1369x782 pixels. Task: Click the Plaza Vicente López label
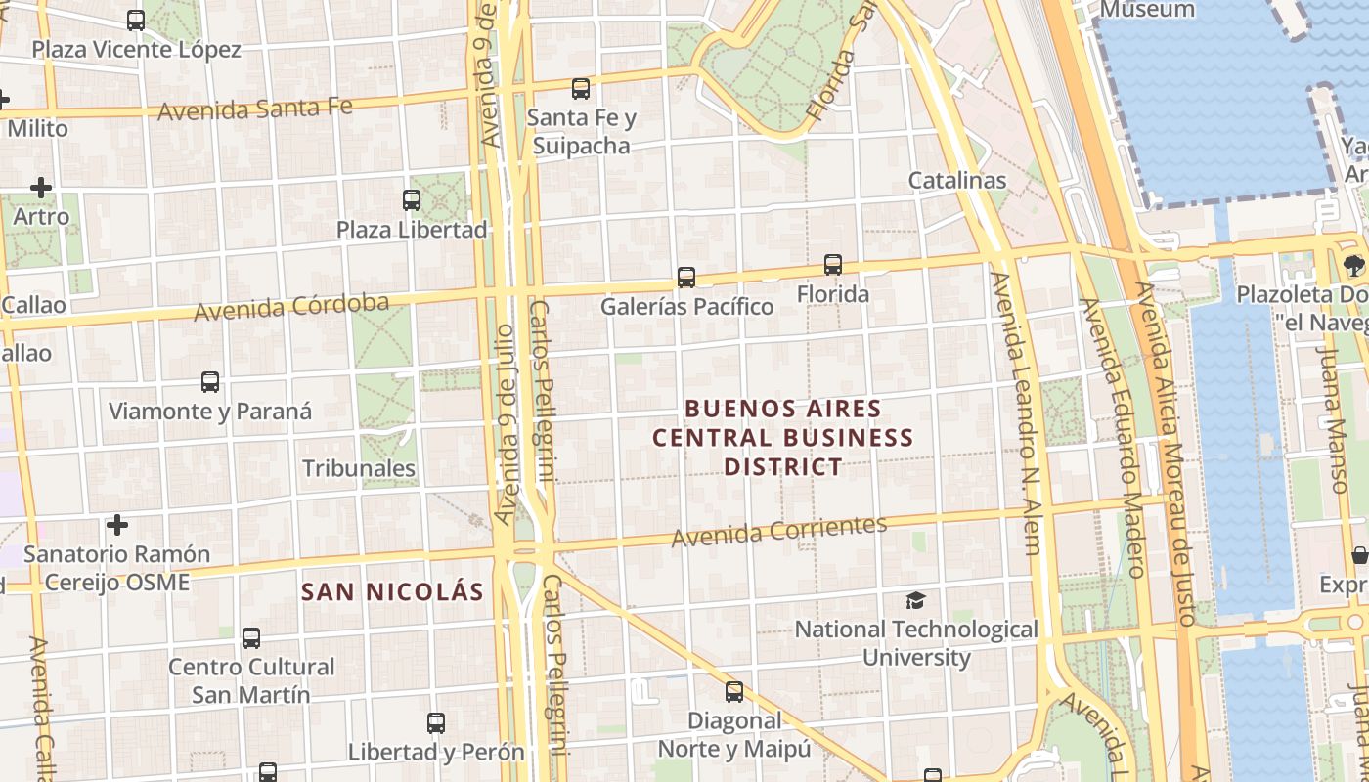coord(136,49)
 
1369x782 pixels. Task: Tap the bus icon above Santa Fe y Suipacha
coord(581,89)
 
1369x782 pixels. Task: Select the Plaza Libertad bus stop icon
coord(412,200)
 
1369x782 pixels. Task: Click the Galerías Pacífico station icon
coord(686,278)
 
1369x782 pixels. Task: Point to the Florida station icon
coord(833,265)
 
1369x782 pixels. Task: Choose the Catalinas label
coord(956,180)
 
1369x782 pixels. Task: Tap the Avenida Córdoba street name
coord(291,307)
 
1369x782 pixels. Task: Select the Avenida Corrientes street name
coord(778,531)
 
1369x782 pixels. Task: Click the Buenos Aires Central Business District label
coord(782,437)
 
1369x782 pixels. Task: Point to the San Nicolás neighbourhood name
coord(392,591)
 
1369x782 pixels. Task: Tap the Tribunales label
coord(359,468)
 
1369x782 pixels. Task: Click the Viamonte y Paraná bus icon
coord(210,382)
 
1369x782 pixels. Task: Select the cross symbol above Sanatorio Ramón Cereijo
coord(117,525)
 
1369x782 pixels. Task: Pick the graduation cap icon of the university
coord(915,600)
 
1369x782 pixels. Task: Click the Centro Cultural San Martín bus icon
coord(251,638)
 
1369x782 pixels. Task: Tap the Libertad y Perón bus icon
coord(436,723)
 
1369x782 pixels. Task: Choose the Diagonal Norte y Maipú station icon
coord(734,692)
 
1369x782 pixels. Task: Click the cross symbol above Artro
coord(41,187)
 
